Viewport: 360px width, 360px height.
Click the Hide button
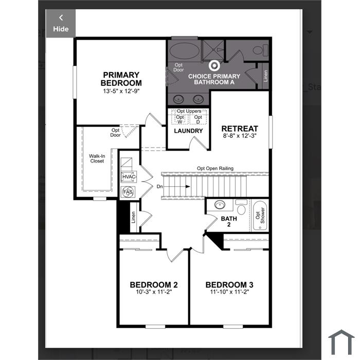pyautogui.click(x=61, y=23)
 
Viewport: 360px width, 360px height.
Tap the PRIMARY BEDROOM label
pyautogui.click(x=121, y=79)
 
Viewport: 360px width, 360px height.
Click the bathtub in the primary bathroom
pyautogui.click(x=185, y=51)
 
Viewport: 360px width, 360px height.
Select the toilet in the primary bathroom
pyautogui.click(x=261, y=50)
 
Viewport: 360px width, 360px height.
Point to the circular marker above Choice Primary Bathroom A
pyautogui.click(x=214, y=66)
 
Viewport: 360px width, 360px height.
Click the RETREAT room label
pyautogui.click(x=240, y=129)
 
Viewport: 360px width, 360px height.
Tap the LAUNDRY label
pyautogui.click(x=188, y=131)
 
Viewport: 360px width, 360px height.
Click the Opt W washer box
pyautogui.click(x=180, y=119)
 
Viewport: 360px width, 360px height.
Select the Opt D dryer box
pyautogui.click(x=198, y=119)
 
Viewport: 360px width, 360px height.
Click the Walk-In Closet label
pyautogui.click(x=97, y=158)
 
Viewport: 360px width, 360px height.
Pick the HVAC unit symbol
pyautogui.click(x=129, y=177)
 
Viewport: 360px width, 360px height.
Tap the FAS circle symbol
pyautogui.click(x=128, y=192)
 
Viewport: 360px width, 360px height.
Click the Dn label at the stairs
pyautogui.click(x=159, y=186)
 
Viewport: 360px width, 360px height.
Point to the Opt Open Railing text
pyautogui.click(x=215, y=168)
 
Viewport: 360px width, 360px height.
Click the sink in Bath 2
pyautogui.click(x=220, y=204)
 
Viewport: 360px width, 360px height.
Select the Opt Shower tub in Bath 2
pyautogui.click(x=260, y=215)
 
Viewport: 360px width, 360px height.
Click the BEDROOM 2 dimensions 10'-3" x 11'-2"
pyautogui.click(x=154, y=292)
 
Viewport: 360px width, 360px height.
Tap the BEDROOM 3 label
pyautogui.click(x=229, y=285)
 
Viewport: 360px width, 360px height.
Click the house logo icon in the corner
pyautogui.click(x=341, y=342)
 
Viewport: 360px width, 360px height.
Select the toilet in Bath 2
pyautogui.click(x=241, y=207)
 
